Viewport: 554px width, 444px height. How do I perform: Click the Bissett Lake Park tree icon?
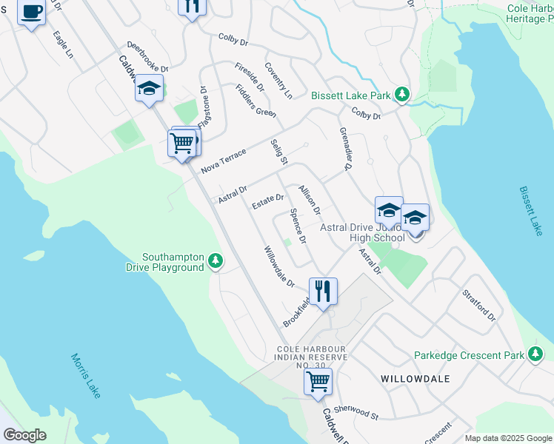(402, 95)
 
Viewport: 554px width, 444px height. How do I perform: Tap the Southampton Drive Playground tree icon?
(216, 260)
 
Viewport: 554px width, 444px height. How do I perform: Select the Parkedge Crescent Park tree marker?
(535, 354)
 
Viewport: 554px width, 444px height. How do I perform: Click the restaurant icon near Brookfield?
(323, 291)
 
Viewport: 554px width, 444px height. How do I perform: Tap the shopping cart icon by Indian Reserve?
(318, 382)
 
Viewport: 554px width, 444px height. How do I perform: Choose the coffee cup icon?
(31, 13)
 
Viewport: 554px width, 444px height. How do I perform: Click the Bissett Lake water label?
(531, 211)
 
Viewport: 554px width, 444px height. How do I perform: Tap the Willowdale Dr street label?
(279, 267)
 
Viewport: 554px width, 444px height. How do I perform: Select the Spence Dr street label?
(298, 226)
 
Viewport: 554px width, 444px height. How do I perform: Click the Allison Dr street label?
(310, 200)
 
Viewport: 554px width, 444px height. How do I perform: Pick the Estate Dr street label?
(267, 201)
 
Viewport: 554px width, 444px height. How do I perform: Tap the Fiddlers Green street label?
(256, 101)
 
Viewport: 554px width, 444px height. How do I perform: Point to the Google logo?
(24, 435)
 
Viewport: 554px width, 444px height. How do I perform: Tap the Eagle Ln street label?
(63, 44)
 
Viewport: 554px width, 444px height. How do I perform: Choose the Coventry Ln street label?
(278, 81)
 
